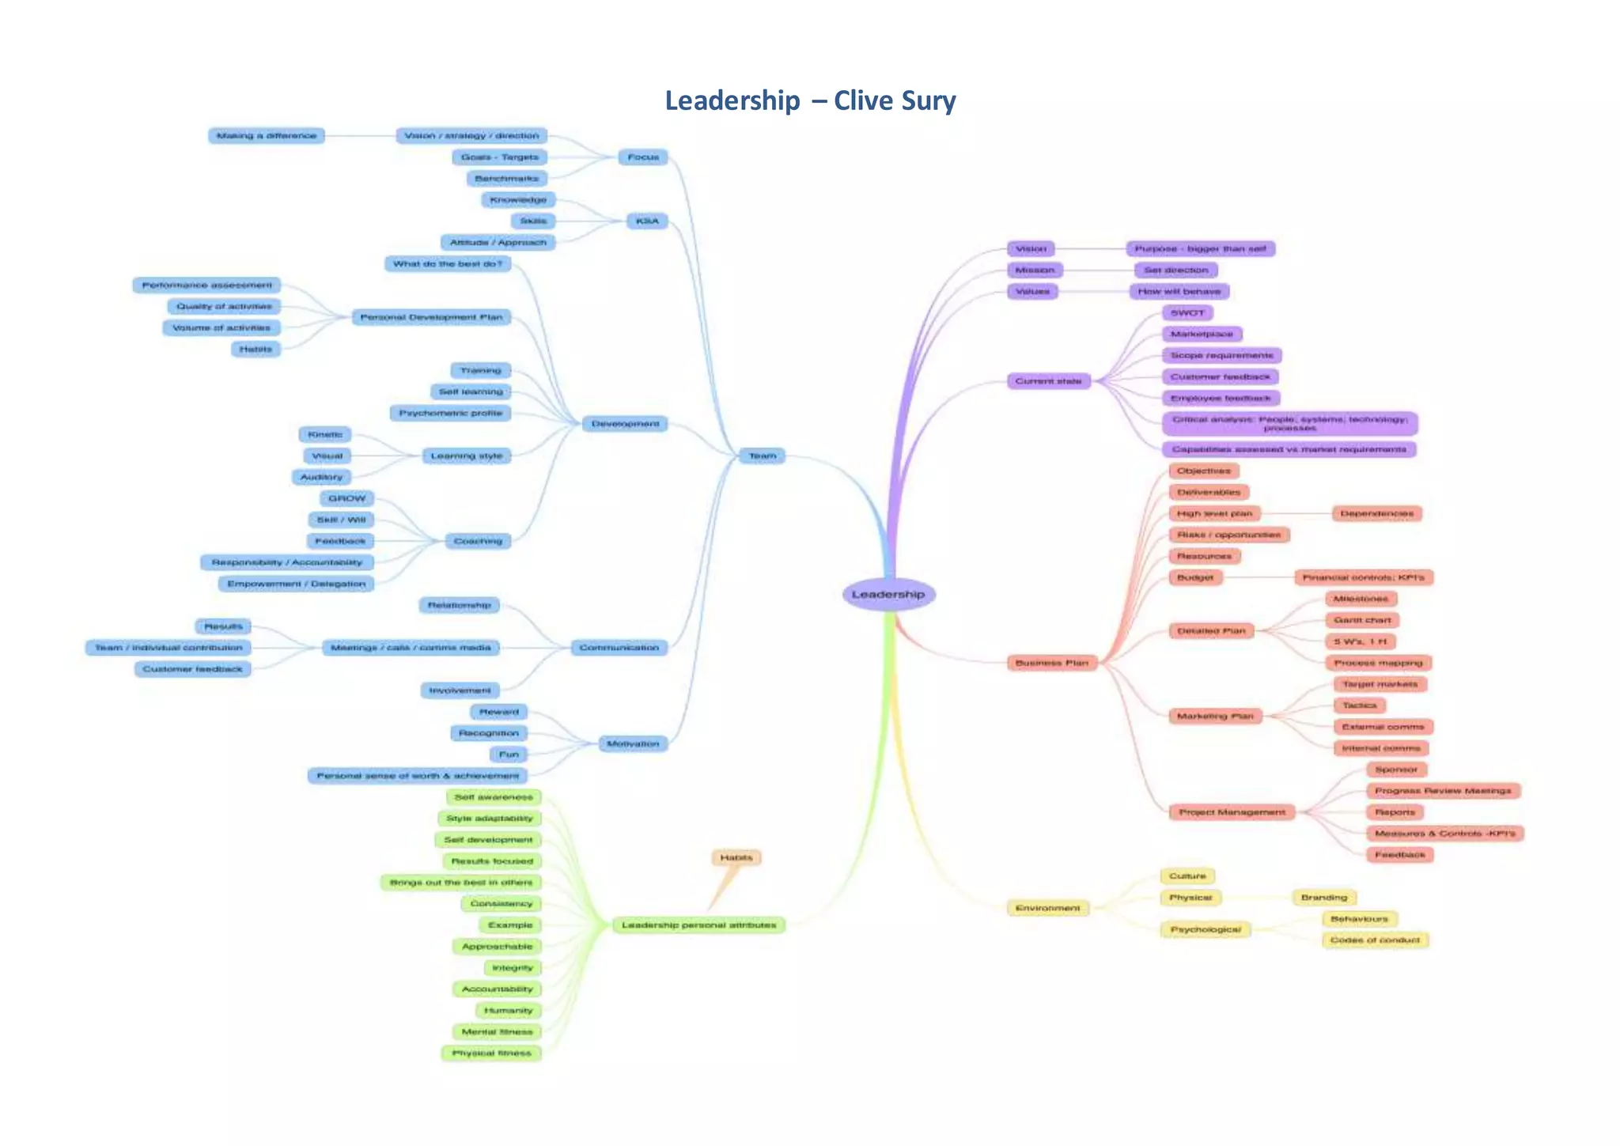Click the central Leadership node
click(888, 594)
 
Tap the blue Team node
click(762, 456)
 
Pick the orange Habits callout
click(736, 857)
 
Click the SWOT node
click(1187, 312)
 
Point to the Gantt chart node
click(1362, 620)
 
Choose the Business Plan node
click(1051, 663)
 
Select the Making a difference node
click(266, 136)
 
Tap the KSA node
click(646, 221)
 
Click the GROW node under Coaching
click(346, 498)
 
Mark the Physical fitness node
click(491, 1053)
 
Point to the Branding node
click(1323, 898)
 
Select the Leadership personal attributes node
click(698, 925)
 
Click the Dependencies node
click(1376, 513)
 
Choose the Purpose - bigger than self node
click(1200, 248)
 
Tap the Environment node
click(1047, 908)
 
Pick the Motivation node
click(632, 743)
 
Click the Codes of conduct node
click(1375, 940)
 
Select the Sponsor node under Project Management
click(1395, 770)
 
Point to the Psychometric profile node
click(450, 413)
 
